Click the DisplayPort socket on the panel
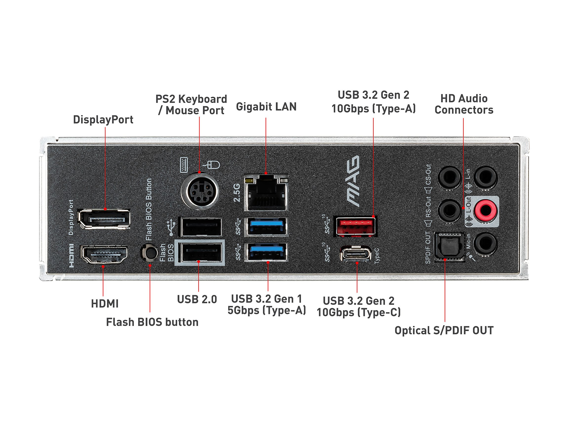click(x=104, y=219)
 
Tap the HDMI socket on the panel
click(x=104, y=254)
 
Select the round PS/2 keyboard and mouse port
click(x=200, y=192)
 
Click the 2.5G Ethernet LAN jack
click(x=266, y=193)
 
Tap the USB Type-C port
click(x=356, y=254)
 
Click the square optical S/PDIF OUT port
click(x=449, y=247)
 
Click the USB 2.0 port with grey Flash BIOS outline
click(x=200, y=253)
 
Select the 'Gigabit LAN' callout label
click(x=266, y=107)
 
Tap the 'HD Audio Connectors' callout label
click(x=464, y=104)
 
